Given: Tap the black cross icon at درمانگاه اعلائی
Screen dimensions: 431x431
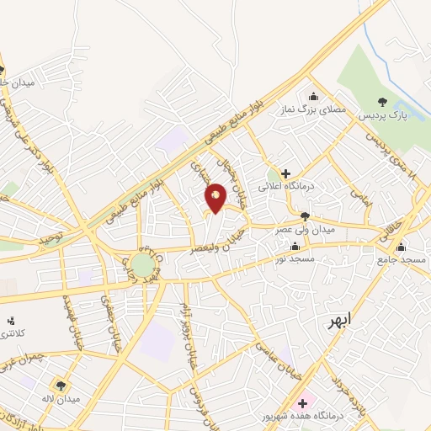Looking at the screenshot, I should tap(286, 173).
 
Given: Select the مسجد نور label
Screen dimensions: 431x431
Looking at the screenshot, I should tap(295, 259).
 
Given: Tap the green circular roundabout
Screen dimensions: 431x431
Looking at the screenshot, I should tap(142, 267).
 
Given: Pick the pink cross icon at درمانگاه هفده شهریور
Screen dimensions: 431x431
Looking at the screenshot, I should tap(302, 404).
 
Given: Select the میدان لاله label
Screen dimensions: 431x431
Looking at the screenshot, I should tap(60, 397).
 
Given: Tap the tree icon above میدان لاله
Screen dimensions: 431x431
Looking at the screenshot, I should tap(61, 385).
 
